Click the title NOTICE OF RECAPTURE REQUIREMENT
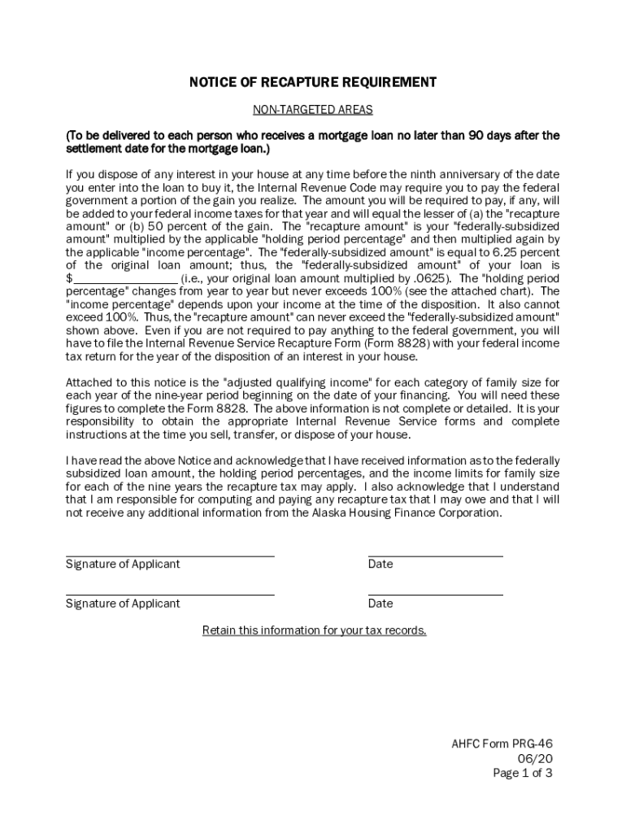tap(312, 82)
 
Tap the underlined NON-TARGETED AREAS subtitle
tap(312, 109)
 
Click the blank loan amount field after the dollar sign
tap(125, 277)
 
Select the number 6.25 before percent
tap(488, 252)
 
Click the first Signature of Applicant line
tap(170, 555)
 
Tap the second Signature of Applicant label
tap(123, 604)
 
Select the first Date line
tap(435, 555)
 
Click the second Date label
tap(380, 604)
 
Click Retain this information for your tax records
tap(314, 630)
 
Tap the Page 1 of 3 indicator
tap(523, 774)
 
